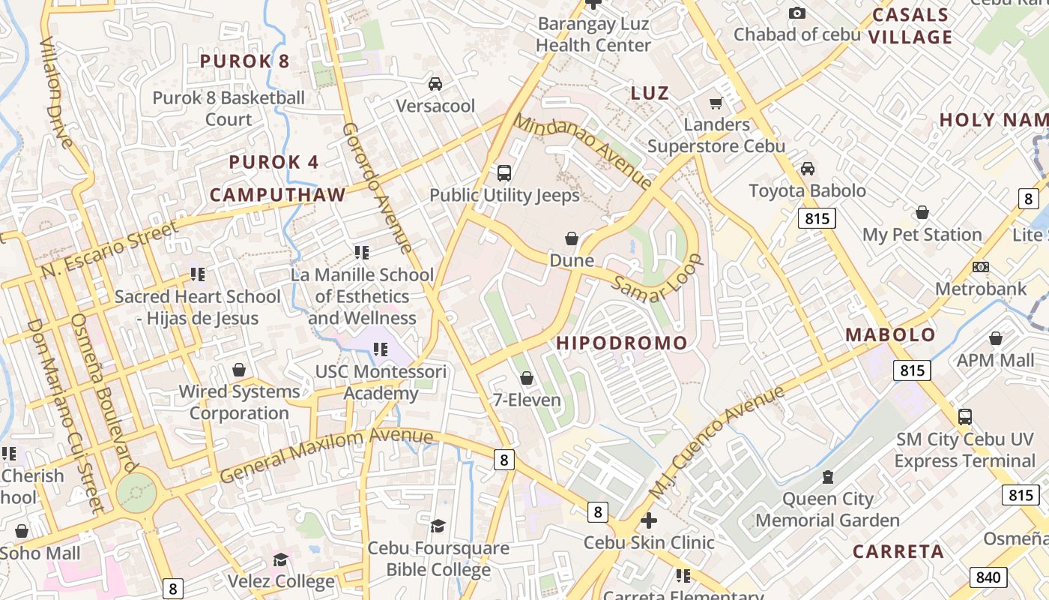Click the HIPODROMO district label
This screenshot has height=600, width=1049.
point(621,343)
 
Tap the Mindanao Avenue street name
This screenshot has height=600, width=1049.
point(583,151)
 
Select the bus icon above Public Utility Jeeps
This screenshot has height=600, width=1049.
point(504,173)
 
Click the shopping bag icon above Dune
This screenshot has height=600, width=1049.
point(572,238)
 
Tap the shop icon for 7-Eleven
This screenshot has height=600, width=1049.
point(527,378)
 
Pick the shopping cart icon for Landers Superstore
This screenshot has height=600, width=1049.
point(716,102)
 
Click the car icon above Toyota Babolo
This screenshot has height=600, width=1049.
point(808,169)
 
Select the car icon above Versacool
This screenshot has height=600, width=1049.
point(435,83)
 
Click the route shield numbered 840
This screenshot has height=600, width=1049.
point(988,577)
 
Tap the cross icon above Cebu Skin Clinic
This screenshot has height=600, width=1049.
point(649,520)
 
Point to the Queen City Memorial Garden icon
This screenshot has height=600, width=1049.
point(827,476)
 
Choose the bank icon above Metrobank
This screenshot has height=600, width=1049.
point(980,267)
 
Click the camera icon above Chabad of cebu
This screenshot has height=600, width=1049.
point(797,13)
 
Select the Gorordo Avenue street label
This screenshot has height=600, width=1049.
point(377,187)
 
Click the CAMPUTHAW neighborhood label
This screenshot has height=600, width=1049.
point(277,195)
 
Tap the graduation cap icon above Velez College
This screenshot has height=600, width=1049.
point(280,559)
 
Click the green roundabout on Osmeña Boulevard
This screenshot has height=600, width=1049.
point(137,493)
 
